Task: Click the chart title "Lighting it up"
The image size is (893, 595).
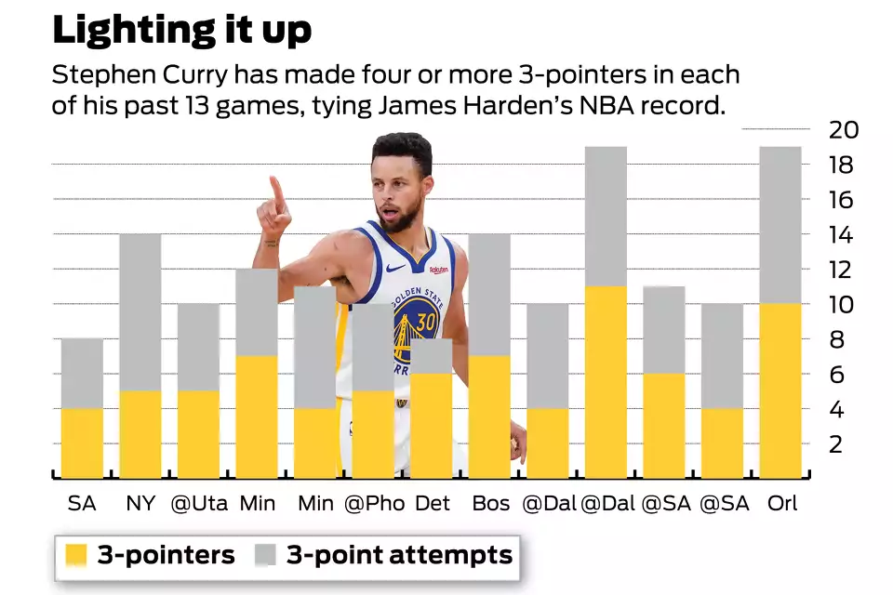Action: pos(181,29)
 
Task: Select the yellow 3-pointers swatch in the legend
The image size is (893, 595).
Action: pos(77,556)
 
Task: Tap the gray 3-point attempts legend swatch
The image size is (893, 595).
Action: pos(266,556)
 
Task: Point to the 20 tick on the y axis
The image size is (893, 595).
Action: pos(843,130)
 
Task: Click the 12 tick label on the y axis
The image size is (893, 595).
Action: pos(843,270)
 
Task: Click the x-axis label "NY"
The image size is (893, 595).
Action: pos(140,504)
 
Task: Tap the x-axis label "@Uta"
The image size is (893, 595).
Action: pos(197,504)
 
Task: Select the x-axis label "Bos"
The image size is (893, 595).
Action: pos(490,504)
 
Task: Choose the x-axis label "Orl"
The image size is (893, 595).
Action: pos(781,504)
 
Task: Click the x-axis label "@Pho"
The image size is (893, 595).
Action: pos(374,504)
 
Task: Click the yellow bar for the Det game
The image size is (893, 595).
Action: pos(431,426)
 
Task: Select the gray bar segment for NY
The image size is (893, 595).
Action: pos(140,311)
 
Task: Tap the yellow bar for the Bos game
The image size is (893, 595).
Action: pos(489,416)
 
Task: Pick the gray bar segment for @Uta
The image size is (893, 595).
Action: pos(198,346)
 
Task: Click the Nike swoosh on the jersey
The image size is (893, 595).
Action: pos(394,268)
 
